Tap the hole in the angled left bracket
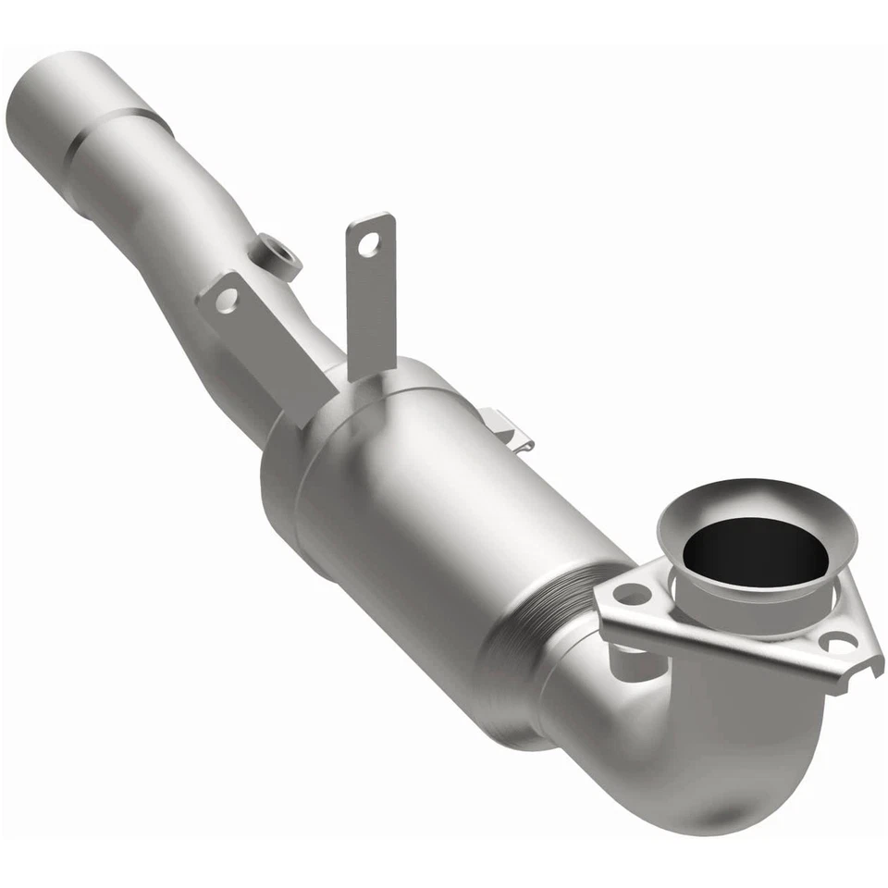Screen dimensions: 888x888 click(x=225, y=299)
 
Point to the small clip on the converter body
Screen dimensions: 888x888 click(x=507, y=430)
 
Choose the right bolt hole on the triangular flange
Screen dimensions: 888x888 click(x=838, y=642)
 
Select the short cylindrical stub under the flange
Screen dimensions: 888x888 click(x=629, y=659)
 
